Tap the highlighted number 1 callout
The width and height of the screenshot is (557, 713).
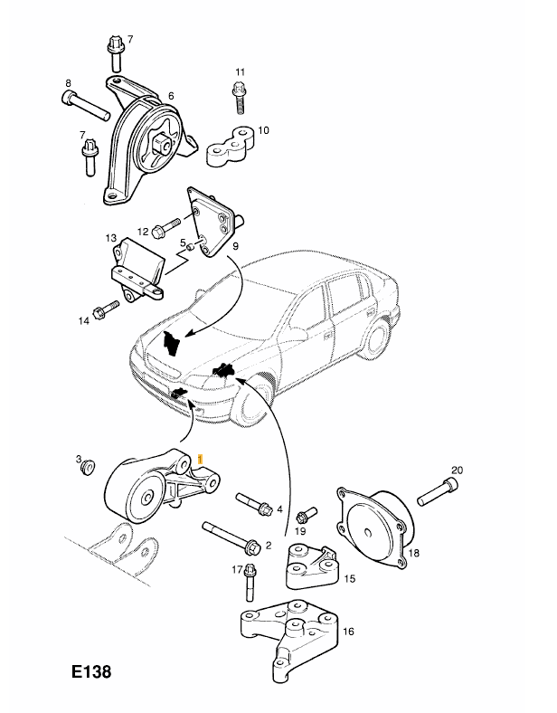[200, 461]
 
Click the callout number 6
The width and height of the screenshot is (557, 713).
[170, 94]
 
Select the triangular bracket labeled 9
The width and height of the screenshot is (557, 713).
[213, 219]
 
